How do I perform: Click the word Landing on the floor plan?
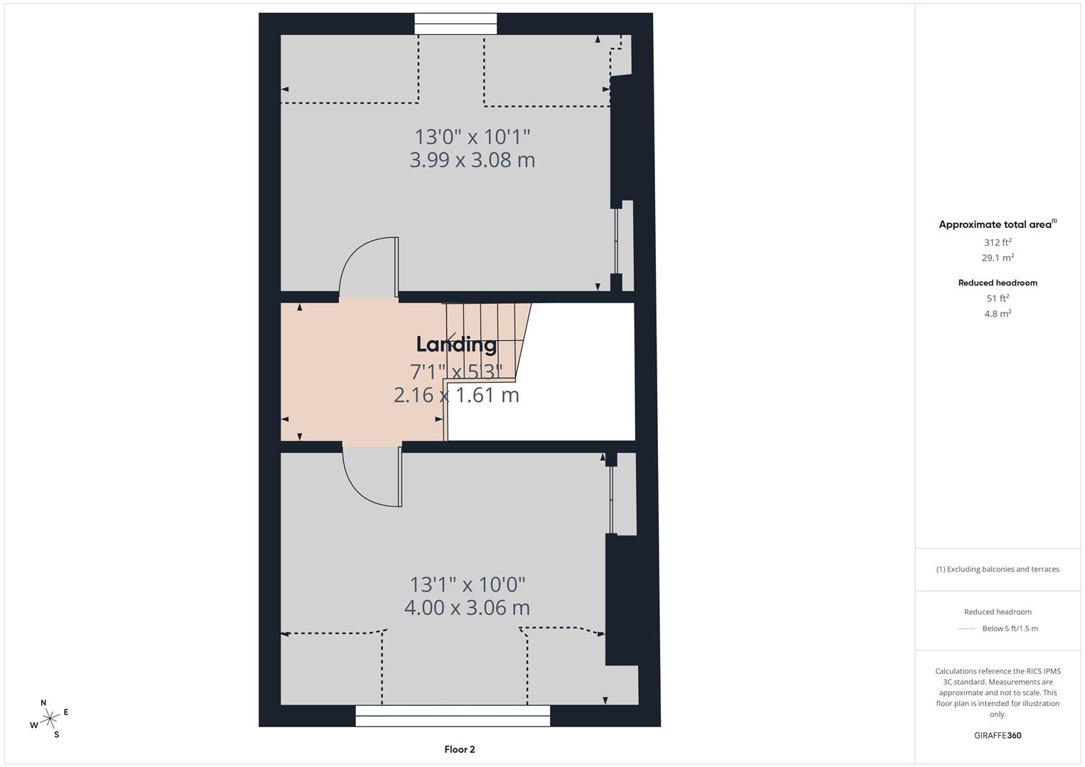tap(456, 344)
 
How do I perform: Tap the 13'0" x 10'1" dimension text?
tap(473, 136)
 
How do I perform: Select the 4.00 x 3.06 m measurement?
tap(467, 608)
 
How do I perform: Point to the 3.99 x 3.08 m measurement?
tap(473, 160)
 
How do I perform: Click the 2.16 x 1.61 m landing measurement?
tap(456, 395)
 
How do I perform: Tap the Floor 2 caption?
tap(460, 749)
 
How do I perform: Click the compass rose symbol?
tap(49, 719)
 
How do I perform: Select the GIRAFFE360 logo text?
tap(998, 736)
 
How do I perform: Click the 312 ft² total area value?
tap(998, 242)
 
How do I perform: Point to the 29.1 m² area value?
tap(998, 258)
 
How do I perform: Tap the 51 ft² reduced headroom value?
tap(998, 298)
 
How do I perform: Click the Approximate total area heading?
tap(998, 224)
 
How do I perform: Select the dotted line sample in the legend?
tap(967, 629)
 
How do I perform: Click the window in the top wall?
tap(455, 24)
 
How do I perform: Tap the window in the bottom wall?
tap(453, 716)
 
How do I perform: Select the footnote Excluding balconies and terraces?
tap(998, 569)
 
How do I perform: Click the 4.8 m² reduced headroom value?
tap(998, 314)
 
